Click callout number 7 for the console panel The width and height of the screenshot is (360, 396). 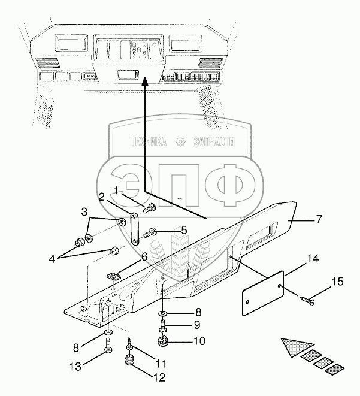[319, 219]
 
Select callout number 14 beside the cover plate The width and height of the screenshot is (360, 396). [313, 259]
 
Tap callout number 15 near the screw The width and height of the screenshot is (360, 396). [338, 282]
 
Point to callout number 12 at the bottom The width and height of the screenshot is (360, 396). [159, 377]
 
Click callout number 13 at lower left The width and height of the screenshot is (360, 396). [75, 367]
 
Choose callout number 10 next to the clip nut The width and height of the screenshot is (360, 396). [199, 341]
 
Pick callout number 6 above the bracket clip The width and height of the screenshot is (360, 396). [144, 258]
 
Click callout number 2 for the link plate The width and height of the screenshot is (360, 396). [101, 197]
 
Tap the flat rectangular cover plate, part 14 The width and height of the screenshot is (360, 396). [263, 293]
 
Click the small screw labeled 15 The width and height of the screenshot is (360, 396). [308, 301]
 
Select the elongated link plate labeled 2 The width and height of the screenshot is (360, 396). [135, 229]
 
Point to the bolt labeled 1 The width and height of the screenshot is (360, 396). [150, 208]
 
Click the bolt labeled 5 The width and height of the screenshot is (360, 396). [150, 232]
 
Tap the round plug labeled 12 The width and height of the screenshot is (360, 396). [129, 359]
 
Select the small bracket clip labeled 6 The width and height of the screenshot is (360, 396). [113, 276]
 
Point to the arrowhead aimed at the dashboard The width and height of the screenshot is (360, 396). [144, 81]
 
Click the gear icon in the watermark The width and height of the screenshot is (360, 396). [180, 141]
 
